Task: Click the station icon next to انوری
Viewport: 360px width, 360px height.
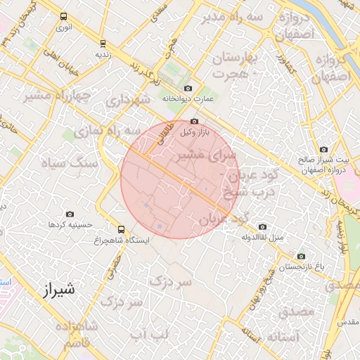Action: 64,16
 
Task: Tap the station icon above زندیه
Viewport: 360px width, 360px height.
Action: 104,43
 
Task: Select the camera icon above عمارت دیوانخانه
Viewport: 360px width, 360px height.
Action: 188,88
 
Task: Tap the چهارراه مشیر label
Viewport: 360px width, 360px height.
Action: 57,94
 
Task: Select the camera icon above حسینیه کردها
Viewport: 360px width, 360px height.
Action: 70,214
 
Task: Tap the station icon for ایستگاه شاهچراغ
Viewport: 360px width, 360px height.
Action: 122,229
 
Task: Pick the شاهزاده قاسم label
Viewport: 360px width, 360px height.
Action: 79,337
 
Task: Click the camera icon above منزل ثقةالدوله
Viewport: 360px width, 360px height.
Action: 262,226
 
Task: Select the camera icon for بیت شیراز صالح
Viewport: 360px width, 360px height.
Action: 324,149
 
